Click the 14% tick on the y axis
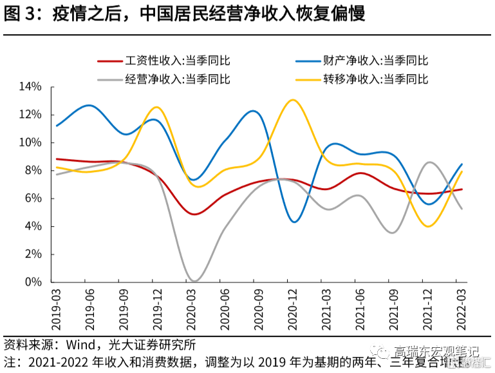tap(30, 87)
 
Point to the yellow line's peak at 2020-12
tap(293, 100)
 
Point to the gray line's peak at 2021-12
tap(429, 162)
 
